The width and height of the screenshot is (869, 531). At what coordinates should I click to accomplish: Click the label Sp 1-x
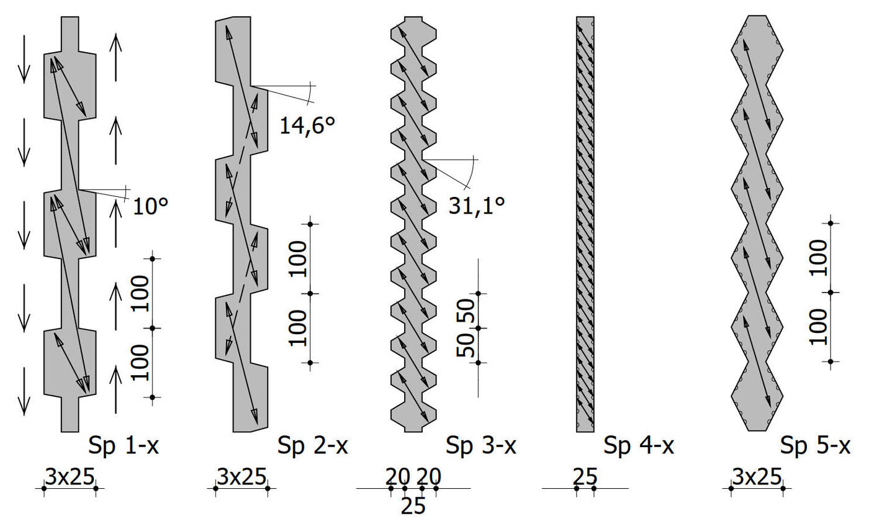(x=124, y=446)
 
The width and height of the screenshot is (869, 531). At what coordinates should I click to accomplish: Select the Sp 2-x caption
(x=312, y=446)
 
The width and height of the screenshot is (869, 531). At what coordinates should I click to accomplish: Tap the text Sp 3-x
(x=480, y=446)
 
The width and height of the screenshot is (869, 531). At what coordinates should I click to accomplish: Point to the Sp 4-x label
(x=639, y=446)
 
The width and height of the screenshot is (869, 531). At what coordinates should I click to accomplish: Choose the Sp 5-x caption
(x=815, y=446)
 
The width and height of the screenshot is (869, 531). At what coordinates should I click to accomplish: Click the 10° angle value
(x=150, y=206)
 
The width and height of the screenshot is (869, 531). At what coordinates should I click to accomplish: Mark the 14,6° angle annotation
(x=307, y=125)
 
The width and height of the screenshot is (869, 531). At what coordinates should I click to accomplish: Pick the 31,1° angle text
(x=477, y=206)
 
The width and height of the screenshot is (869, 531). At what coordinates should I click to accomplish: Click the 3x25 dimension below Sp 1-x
(x=70, y=476)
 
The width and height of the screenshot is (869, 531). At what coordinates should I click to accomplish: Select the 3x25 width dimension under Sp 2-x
(x=241, y=476)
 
